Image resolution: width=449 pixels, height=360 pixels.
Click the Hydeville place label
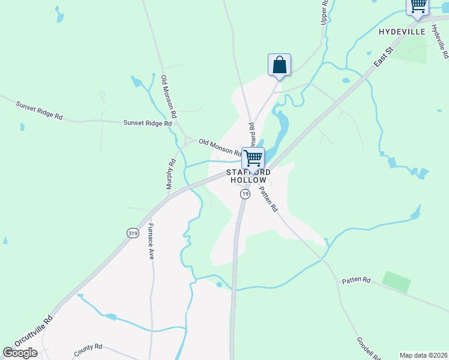pos(402,31)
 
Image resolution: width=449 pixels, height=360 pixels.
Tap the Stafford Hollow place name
pos(246,176)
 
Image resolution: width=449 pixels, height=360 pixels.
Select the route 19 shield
pos(245,194)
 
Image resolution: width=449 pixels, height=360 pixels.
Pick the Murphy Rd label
pos(170,173)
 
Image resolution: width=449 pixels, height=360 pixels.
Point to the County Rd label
pos(89,349)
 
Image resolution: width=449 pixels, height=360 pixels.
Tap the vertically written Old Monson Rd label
pos(168,95)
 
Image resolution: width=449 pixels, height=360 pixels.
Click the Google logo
pos(20,353)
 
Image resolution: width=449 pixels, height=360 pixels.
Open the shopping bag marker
pos(279,65)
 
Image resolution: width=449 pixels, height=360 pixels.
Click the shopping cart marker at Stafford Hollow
pos(253,158)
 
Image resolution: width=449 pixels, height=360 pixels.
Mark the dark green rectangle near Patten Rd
pos(396,281)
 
